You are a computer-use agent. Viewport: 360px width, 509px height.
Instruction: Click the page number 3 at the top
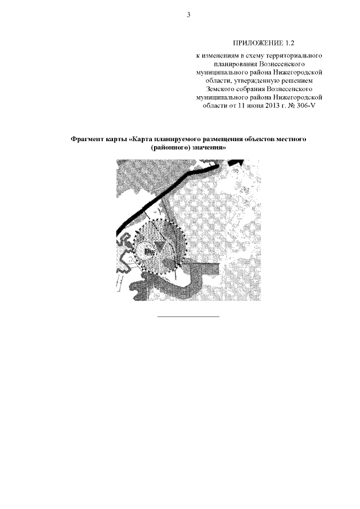(x=188, y=15)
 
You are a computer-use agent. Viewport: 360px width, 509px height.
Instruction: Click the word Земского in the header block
(x=220, y=89)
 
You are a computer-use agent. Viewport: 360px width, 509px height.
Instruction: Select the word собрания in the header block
(x=250, y=89)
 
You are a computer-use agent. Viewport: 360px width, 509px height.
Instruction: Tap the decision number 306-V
(x=306, y=106)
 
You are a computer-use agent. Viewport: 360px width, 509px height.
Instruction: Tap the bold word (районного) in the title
(x=170, y=148)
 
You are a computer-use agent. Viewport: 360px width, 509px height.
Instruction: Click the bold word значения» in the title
(x=209, y=148)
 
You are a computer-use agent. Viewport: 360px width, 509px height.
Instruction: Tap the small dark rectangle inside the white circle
(x=148, y=251)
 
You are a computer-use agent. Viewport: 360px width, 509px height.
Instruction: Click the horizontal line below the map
(x=188, y=316)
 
